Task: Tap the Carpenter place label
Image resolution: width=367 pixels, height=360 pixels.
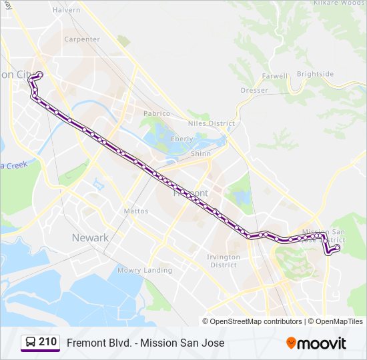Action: click(x=82, y=39)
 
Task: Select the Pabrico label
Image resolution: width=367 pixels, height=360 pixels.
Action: click(x=157, y=113)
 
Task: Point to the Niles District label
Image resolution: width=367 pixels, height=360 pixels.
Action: click(x=213, y=123)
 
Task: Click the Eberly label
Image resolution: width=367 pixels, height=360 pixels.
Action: click(x=181, y=139)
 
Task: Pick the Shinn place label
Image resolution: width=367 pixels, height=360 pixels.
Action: click(x=201, y=153)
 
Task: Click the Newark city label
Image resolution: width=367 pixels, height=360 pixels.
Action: click(x=90, y=238)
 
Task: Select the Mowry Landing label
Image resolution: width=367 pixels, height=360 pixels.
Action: click(x=144, y=271)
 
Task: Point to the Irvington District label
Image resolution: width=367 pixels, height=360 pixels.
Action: click(x=223, y=261)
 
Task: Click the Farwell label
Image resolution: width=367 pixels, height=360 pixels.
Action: click(x=274, y=76)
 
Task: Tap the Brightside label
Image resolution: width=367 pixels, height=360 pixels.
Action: click(x=315, y=74)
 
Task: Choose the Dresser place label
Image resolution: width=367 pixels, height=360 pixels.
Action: click(x=254, y=90)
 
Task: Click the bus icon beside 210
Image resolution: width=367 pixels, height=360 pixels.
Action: click(x=30, y=343)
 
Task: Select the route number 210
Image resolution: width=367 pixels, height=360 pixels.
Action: click(x=47, y=342)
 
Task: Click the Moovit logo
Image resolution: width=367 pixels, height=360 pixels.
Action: click(x=316, y=343)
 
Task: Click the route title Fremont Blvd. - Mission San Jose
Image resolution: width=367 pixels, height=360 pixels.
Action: click(x=145, y=343)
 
